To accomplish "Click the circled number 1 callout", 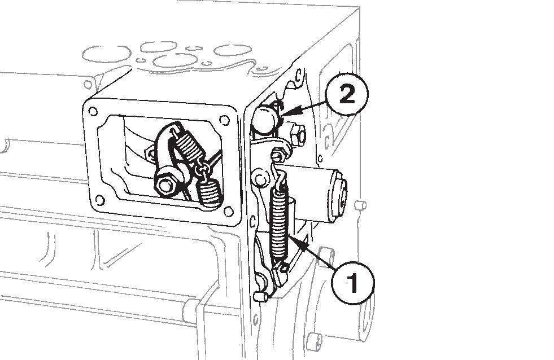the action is (x=352, y=282).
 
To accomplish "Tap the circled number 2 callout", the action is (x=347, y=94).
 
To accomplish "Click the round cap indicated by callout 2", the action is (x=265, y=120).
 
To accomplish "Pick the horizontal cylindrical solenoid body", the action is (x=315, y=195).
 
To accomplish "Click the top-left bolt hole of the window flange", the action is (x=93, y=112).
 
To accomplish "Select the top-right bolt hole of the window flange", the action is (x=224, y=120).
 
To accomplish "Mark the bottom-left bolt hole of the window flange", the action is (x=101, y=200).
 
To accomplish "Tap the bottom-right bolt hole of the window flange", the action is (x=229, y=211).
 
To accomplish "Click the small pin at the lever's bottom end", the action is (x=262, y=297).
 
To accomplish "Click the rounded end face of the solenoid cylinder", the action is (x=339, y=196).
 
